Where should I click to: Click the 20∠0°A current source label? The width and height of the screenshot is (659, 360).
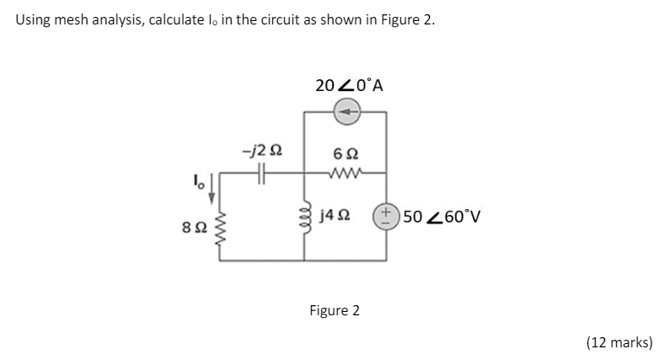(x=349, y=84)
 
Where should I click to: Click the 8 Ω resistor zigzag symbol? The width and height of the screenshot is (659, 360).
(x=222, y=228)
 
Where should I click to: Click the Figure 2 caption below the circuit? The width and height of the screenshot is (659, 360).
(x=334, y=310)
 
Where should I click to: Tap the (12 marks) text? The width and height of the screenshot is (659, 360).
(x=619, y=341)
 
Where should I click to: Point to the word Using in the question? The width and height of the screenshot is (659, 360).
(x=33, y=20)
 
